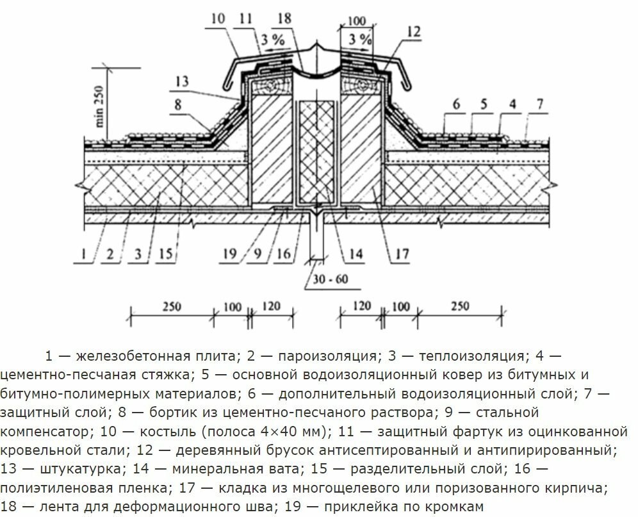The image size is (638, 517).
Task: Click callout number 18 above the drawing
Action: (284, 19)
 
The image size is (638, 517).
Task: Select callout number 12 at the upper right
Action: (413, 31)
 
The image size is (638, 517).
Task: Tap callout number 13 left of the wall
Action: (181, 81)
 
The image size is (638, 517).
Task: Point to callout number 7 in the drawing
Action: (539, 104)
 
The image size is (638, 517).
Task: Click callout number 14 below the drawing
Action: (356, 254)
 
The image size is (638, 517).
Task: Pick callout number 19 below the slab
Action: (230, 254)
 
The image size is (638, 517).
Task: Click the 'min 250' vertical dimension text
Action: (99, 106)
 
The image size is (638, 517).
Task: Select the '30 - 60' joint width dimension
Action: (330, 279)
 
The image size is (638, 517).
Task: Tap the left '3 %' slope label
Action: (273, 40)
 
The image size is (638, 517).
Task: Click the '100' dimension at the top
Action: (357, 21)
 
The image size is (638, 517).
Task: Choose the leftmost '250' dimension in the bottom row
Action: (172, 306)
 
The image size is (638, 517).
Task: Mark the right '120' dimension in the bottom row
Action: (361, 306)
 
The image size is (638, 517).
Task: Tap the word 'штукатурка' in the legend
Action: (81, 469)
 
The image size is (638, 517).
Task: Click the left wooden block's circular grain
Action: (270, 86)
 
